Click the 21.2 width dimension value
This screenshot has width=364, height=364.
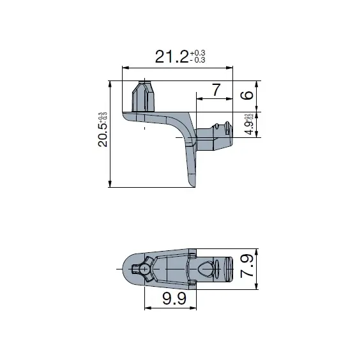click(171, 56)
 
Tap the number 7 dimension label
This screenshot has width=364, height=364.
click(215, 90)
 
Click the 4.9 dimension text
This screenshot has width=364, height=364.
click(248, 125)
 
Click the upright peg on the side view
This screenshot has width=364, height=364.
click(144, 96)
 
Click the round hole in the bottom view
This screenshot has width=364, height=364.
click(145, 269)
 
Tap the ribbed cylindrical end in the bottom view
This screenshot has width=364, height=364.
click(229, 268)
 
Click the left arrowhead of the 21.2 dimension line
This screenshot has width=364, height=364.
click(125, 67)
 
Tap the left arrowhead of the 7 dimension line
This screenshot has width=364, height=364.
click(199, 99)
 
